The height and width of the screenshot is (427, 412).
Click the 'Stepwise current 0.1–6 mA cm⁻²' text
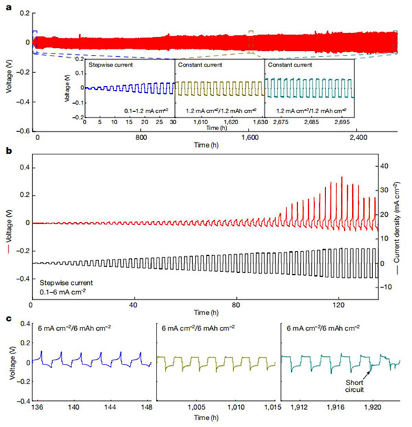point(66,285)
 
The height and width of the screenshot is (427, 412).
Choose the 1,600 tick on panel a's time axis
point(251,139)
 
